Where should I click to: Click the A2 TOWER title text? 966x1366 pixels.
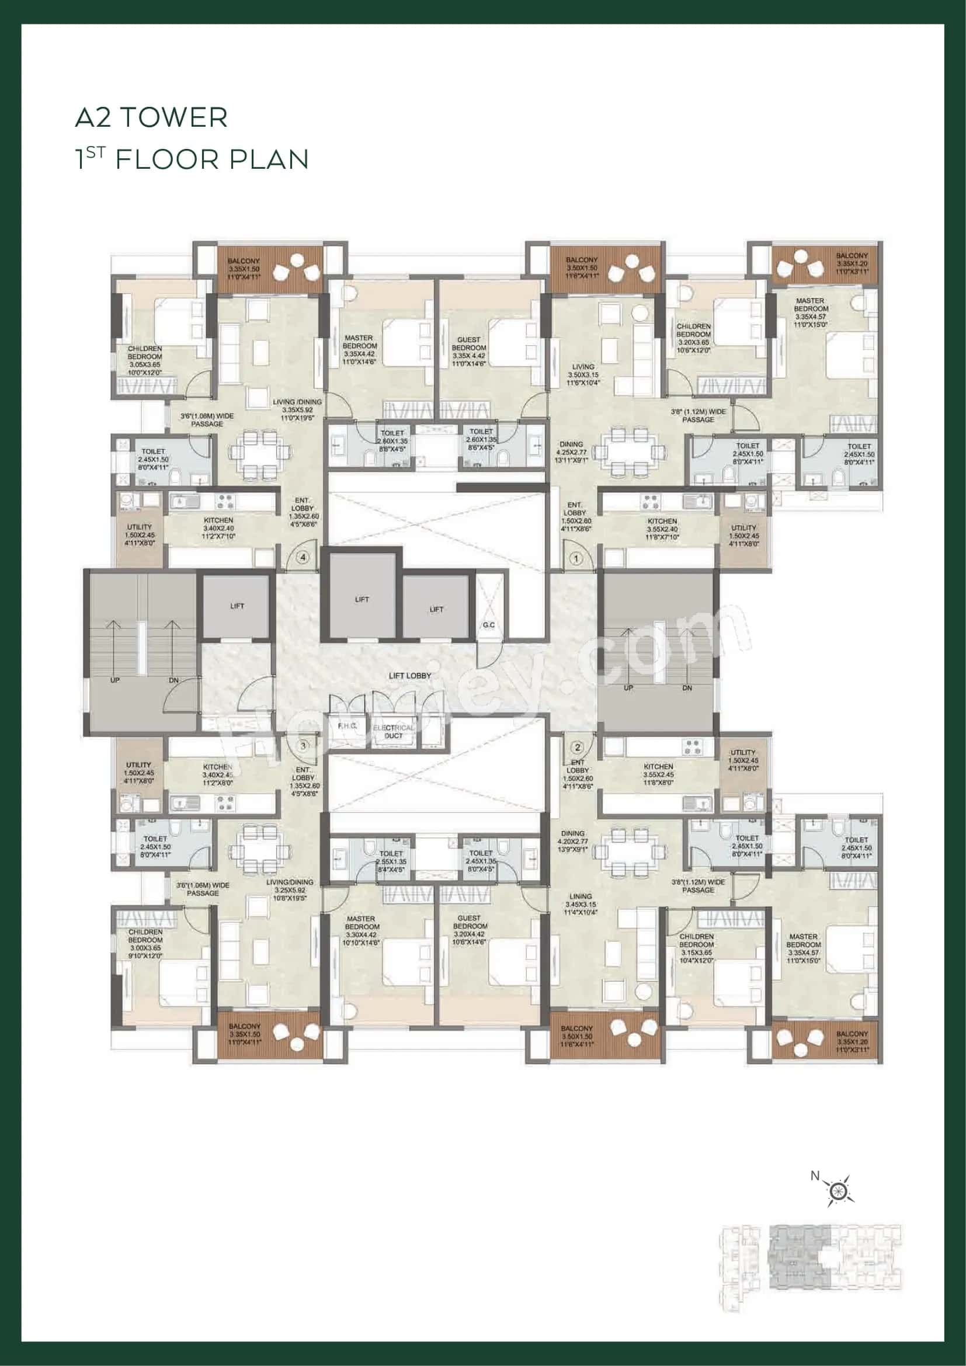(151, 118)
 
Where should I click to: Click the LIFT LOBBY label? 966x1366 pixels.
(409, 676)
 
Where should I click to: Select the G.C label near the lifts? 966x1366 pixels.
(489, 625)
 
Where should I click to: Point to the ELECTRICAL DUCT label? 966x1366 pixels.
(393, 732)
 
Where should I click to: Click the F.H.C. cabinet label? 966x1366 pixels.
(347, 727)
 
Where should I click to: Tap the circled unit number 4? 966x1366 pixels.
(303, 558)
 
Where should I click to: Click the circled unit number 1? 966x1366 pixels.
(576, 559)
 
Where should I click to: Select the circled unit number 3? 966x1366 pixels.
(303, 745)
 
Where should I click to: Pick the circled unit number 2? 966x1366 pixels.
(576, 748)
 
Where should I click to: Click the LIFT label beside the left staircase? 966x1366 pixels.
(237, 606)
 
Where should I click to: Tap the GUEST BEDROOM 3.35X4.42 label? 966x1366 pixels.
(469, 352)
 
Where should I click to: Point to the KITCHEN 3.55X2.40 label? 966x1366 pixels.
(662, 529)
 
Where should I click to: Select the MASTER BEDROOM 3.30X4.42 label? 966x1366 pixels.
(362, 926)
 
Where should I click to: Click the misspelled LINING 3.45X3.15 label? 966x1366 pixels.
(580, 903)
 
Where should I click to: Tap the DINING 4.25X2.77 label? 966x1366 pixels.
(571, 452)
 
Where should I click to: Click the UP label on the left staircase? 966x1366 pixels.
(116, 679)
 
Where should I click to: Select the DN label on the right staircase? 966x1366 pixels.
(687, 688)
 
